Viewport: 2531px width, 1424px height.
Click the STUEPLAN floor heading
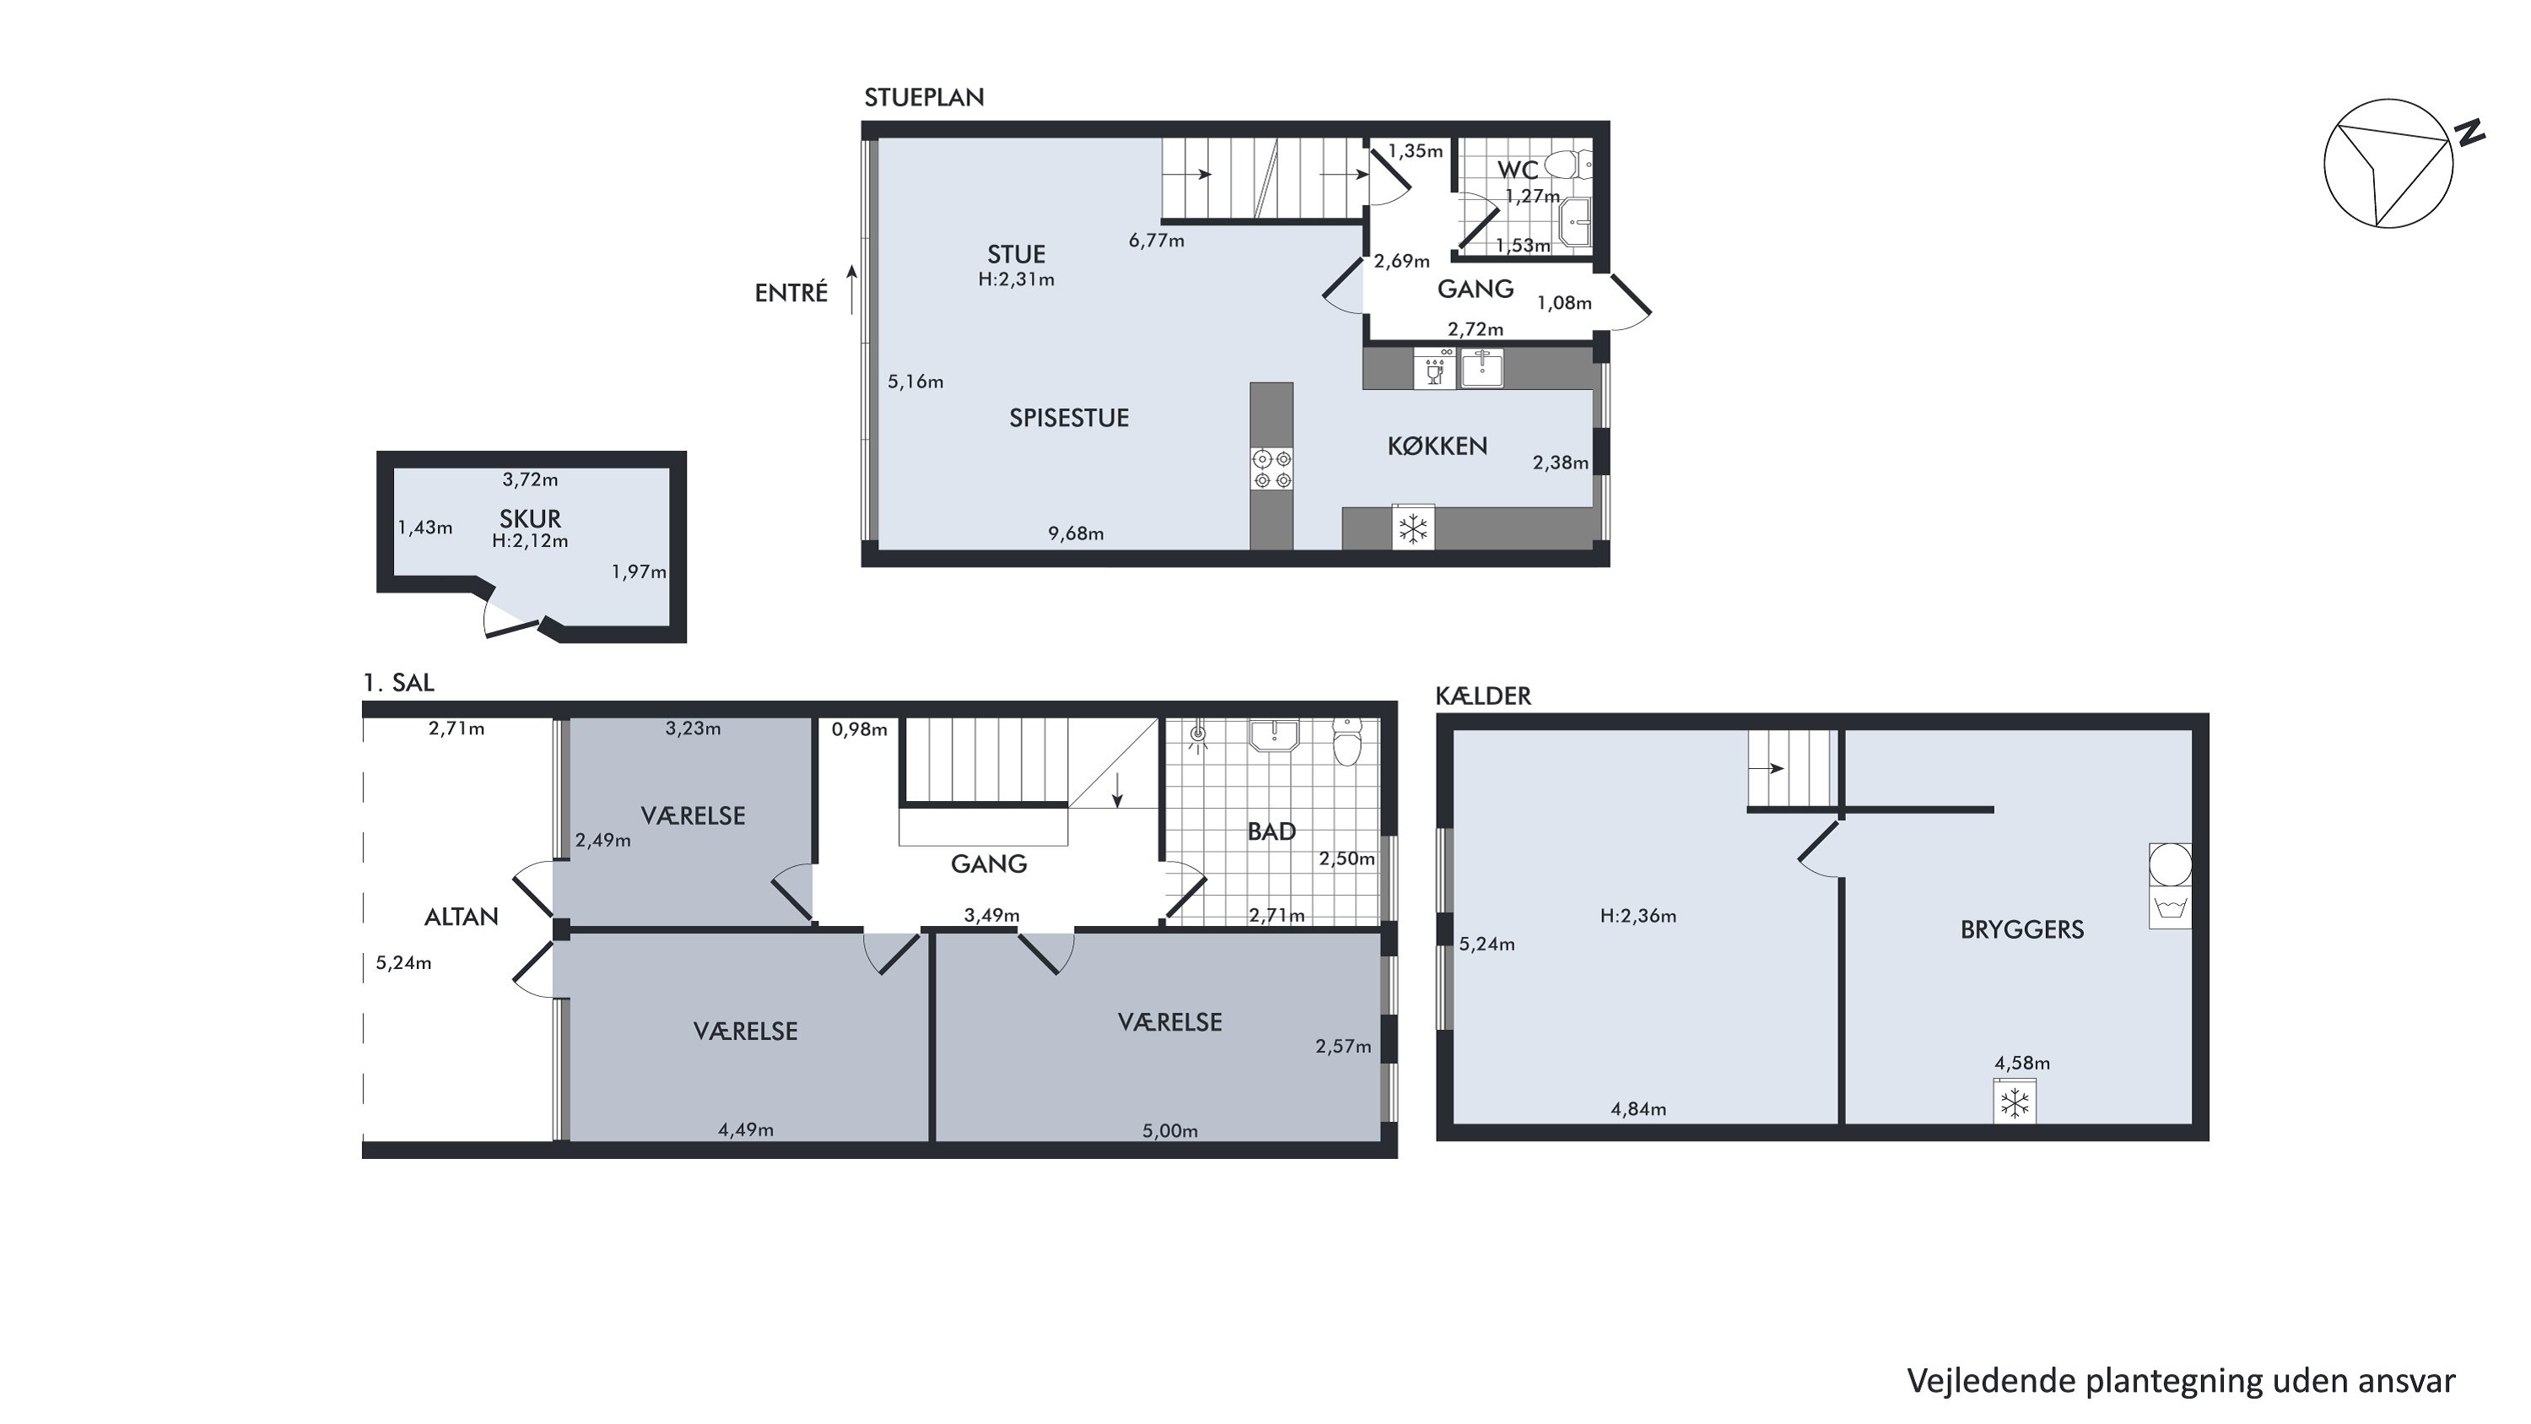tap(924, 97)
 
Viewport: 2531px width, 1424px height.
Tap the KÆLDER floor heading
tap(1482, 696)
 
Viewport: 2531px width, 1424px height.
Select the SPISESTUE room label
tap(1069, 418)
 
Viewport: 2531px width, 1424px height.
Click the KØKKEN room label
tap(1437, 447)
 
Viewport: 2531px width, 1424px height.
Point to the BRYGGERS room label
tap(2022, 929)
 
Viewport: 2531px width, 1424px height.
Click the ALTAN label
tap(461, 917)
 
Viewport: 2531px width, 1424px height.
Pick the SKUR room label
tap(530, 518)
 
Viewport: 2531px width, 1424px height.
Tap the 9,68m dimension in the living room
tap(1076, 533)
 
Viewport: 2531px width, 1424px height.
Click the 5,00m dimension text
tap(1169, 1130)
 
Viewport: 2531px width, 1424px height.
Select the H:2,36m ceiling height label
tap(1638, 916)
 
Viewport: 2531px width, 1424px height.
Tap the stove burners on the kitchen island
tap(1271, 468)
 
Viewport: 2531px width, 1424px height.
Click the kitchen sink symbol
tap(1481, 369)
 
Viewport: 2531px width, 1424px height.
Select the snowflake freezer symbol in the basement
tap(2014, 1102)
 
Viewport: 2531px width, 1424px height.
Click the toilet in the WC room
tap(1568, 163)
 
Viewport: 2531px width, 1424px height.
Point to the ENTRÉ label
tap(791, 293)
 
